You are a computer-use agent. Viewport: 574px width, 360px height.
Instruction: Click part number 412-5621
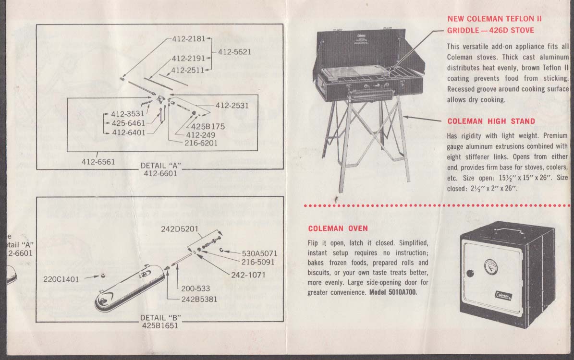pyautogui.click(x=234, y=52)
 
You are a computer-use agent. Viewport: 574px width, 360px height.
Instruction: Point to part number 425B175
pyautogui.click(x=208, y=127)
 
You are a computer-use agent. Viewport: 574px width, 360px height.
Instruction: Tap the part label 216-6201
pyautogui.click(x=202, y=143)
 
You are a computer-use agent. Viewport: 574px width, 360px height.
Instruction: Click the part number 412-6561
pyautogui.click(x=98, y=162)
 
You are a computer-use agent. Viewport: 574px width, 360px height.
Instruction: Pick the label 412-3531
pyautogui.click(x=128, y=114)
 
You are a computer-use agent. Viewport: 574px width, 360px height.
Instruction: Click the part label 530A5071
pyautogui.click(x=259, y=253)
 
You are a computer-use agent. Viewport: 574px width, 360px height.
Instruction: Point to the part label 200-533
pyautogui.click(x=195, y=288)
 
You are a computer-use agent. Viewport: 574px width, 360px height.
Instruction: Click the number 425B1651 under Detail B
pyautogui.click(x=160, y=325)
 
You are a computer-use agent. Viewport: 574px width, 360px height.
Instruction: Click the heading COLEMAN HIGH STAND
pyautogui.click(x=491, y=121)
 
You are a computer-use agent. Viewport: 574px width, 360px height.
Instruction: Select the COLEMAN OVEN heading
pyautogui.click(x=338, y=228)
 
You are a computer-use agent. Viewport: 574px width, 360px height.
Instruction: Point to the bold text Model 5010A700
pyautogui.click(x=393, y=292)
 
